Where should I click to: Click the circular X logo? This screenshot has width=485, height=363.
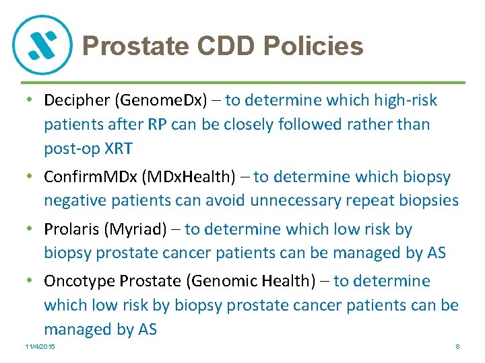coord(42,44)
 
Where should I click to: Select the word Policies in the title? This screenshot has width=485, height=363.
coord(314,46)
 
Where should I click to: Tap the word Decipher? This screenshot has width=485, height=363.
coord(77,101)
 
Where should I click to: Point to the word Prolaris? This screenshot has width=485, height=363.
coord(71,229)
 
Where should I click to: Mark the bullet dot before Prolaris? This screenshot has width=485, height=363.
coord(30,229)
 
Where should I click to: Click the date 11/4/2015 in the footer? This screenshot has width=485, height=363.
coord(39,346)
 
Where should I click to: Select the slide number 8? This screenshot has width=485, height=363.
coord(457,346)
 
